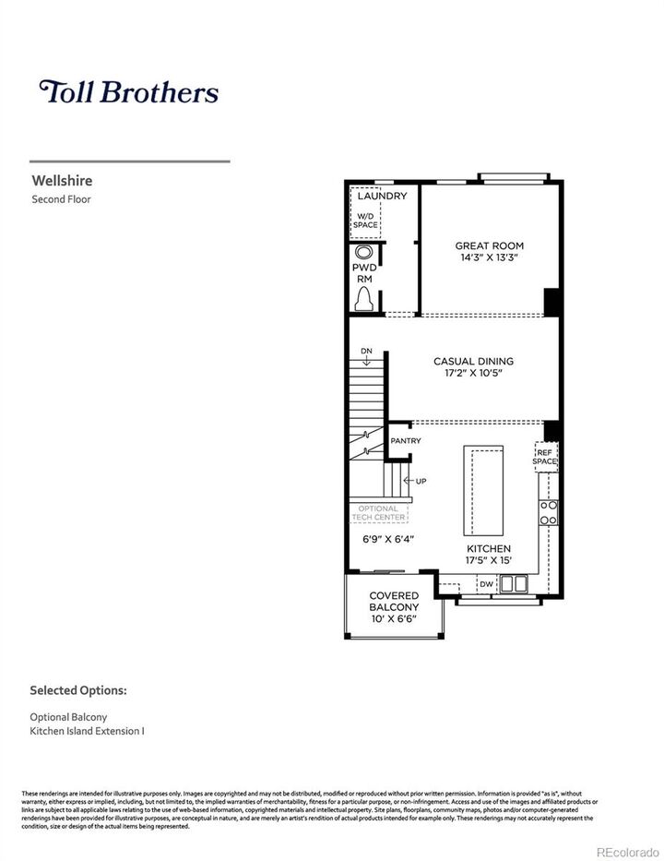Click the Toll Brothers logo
[x=128, y=91]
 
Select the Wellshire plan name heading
[x=62, y=181]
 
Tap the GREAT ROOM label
[x=489, y=245]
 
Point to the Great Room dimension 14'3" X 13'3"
[x=489, y=258]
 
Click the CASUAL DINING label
[x=473, y=361]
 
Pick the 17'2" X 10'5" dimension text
[x=473, y=374]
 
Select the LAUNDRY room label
[x=382, y=197]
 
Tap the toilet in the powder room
[x=365, y=297]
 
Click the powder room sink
[x=365, y=253]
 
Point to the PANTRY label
[x=405, y=441]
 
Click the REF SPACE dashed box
[x=546, y=456]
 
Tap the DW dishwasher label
[x=486, y=583]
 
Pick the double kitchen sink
[x=513, y=583]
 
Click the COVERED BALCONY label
[x=394, y=606]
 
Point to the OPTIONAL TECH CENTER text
[x=379, y=513]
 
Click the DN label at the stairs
[x=366, y=352]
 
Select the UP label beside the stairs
[x=421, y=482]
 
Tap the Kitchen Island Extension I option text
[x=88, y=731]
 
